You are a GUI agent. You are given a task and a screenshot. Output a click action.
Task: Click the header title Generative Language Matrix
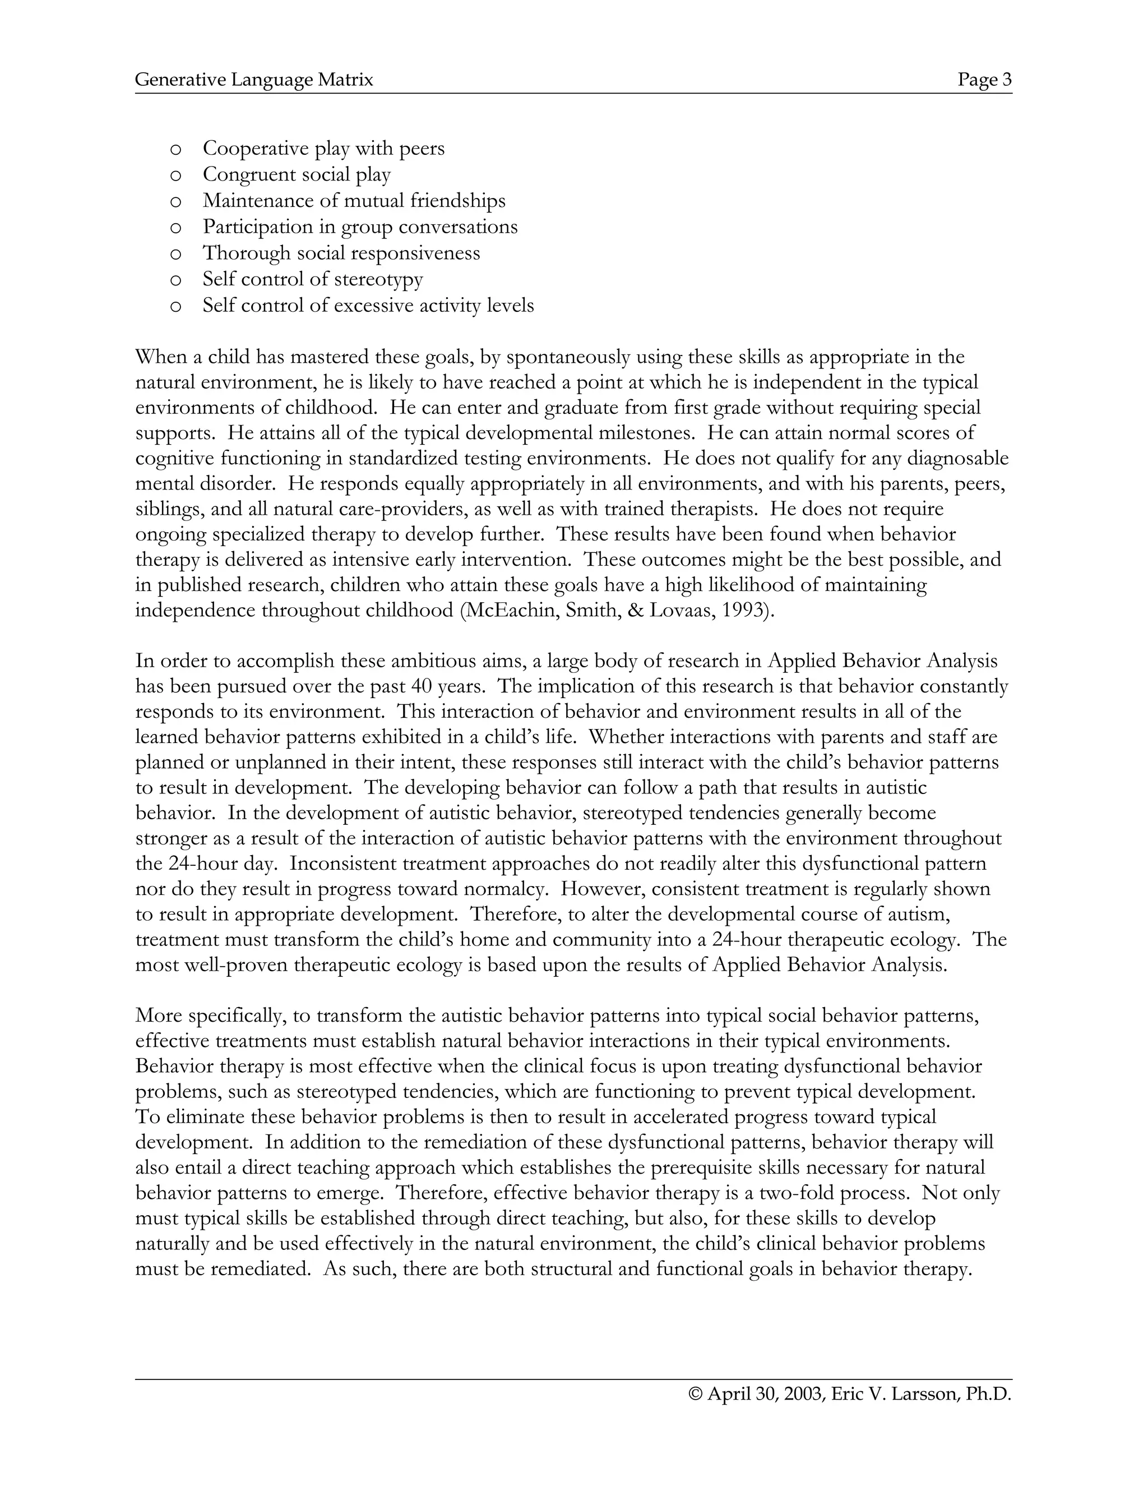[254, 80]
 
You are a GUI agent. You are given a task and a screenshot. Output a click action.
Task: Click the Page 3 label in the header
[984, 80]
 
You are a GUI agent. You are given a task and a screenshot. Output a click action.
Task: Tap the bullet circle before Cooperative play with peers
[175, 149]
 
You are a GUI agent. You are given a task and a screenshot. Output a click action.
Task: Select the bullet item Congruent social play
[297, 175]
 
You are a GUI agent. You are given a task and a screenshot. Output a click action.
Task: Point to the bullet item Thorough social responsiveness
[341, 253]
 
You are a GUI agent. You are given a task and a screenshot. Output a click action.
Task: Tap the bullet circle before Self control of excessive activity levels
[175, 306]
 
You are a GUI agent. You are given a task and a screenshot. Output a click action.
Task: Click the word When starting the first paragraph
[159, 357]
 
